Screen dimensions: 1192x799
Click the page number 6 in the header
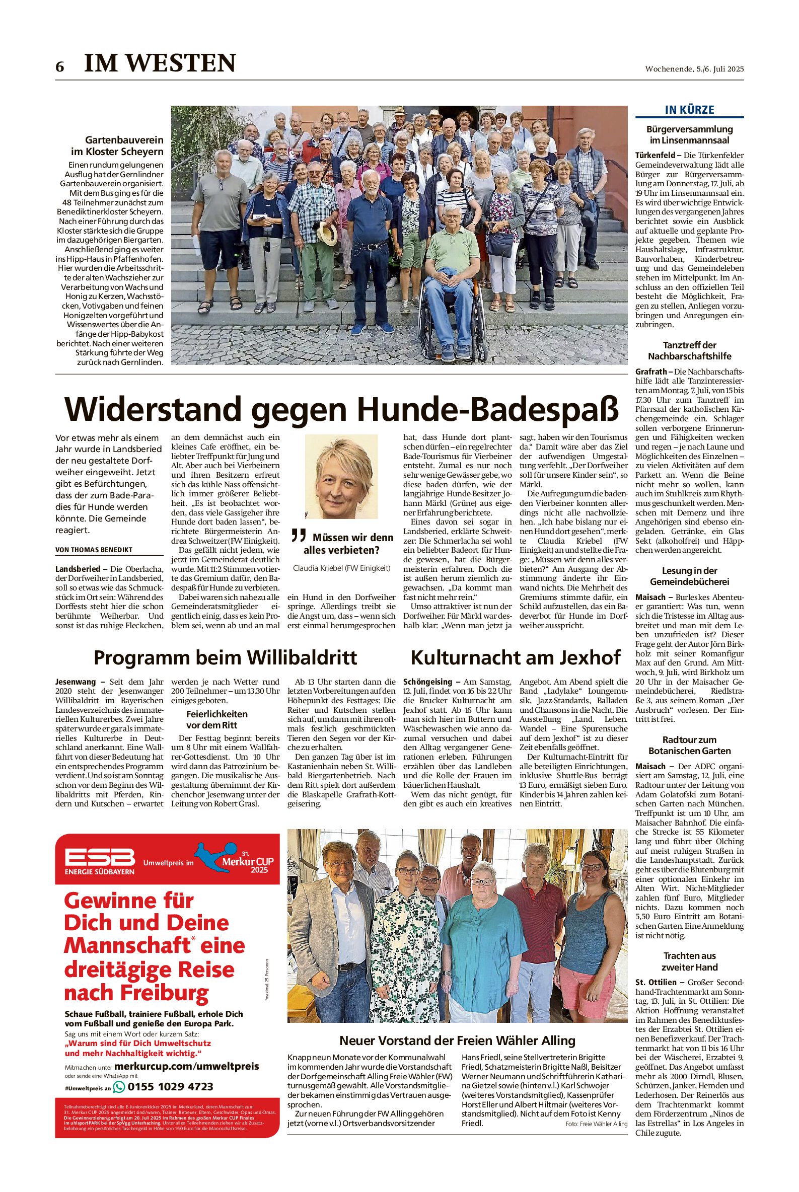click(60, 67)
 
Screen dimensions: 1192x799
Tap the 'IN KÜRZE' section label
click(689, 110)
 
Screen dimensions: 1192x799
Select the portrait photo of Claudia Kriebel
click(341, 476)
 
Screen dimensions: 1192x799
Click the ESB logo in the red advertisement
click(100, 859)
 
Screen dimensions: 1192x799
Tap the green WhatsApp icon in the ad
click(119, 1087)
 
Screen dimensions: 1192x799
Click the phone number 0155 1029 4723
click(170, 1087)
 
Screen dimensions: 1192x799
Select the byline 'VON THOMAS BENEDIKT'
click(94, 550)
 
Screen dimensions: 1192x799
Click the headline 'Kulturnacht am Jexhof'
click(515, 657)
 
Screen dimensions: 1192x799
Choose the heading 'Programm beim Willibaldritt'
click(225, 657)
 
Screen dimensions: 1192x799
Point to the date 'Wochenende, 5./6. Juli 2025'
click(694, 69)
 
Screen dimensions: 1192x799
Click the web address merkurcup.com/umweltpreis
click(186, 1066)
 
